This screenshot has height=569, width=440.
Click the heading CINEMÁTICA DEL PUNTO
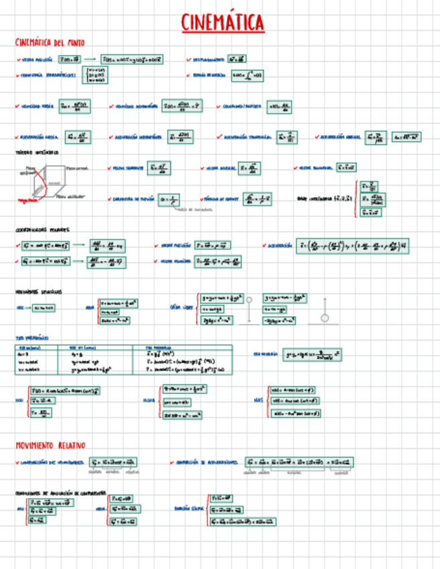tap(50, 42)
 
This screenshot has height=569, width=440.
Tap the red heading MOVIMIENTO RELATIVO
tap(50, 446)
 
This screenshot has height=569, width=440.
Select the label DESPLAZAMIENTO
tap(208, 60)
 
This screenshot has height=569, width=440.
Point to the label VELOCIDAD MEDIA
tap(38, 106)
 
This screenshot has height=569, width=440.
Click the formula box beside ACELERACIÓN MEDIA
tap(80, 137)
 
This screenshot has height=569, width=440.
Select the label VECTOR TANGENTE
tap(128, 168)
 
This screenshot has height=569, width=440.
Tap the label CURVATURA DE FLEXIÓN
tap(134, 199)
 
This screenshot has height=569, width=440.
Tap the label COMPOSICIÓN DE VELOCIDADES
tap(52, 462)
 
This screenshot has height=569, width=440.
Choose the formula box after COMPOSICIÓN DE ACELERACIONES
tap(298, 462)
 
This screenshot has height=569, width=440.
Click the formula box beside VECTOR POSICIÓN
tap(70, 60)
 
